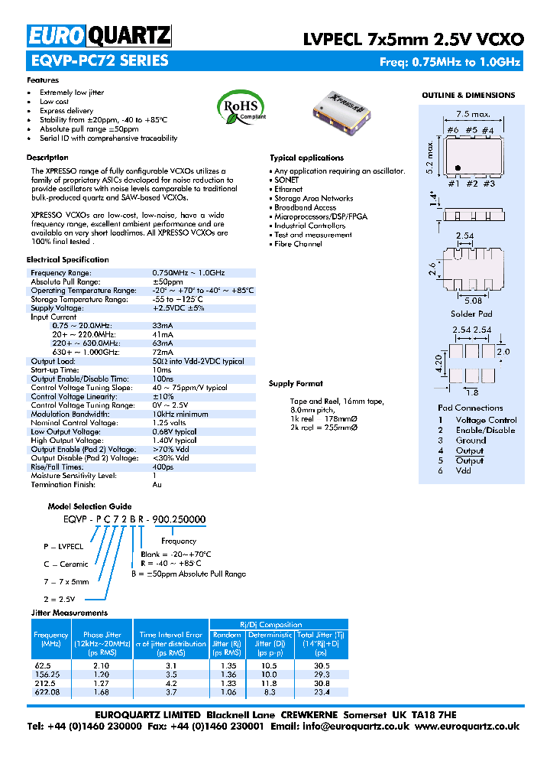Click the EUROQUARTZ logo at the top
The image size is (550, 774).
[99, 36]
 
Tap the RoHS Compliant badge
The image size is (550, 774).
[242, 106]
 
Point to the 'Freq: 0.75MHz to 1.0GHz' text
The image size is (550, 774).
[450, 62]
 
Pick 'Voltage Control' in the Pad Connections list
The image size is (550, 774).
[486, 420]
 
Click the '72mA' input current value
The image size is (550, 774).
[163, 352]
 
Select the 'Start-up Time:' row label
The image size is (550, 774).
[57, 369]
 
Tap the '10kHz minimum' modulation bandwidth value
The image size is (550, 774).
[180, 414]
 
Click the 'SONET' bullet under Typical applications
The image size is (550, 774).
[287, 180]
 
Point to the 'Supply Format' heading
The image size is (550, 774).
[296, 384]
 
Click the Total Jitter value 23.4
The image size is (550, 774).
[321, 691]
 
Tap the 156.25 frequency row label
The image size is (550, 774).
[45, 675]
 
